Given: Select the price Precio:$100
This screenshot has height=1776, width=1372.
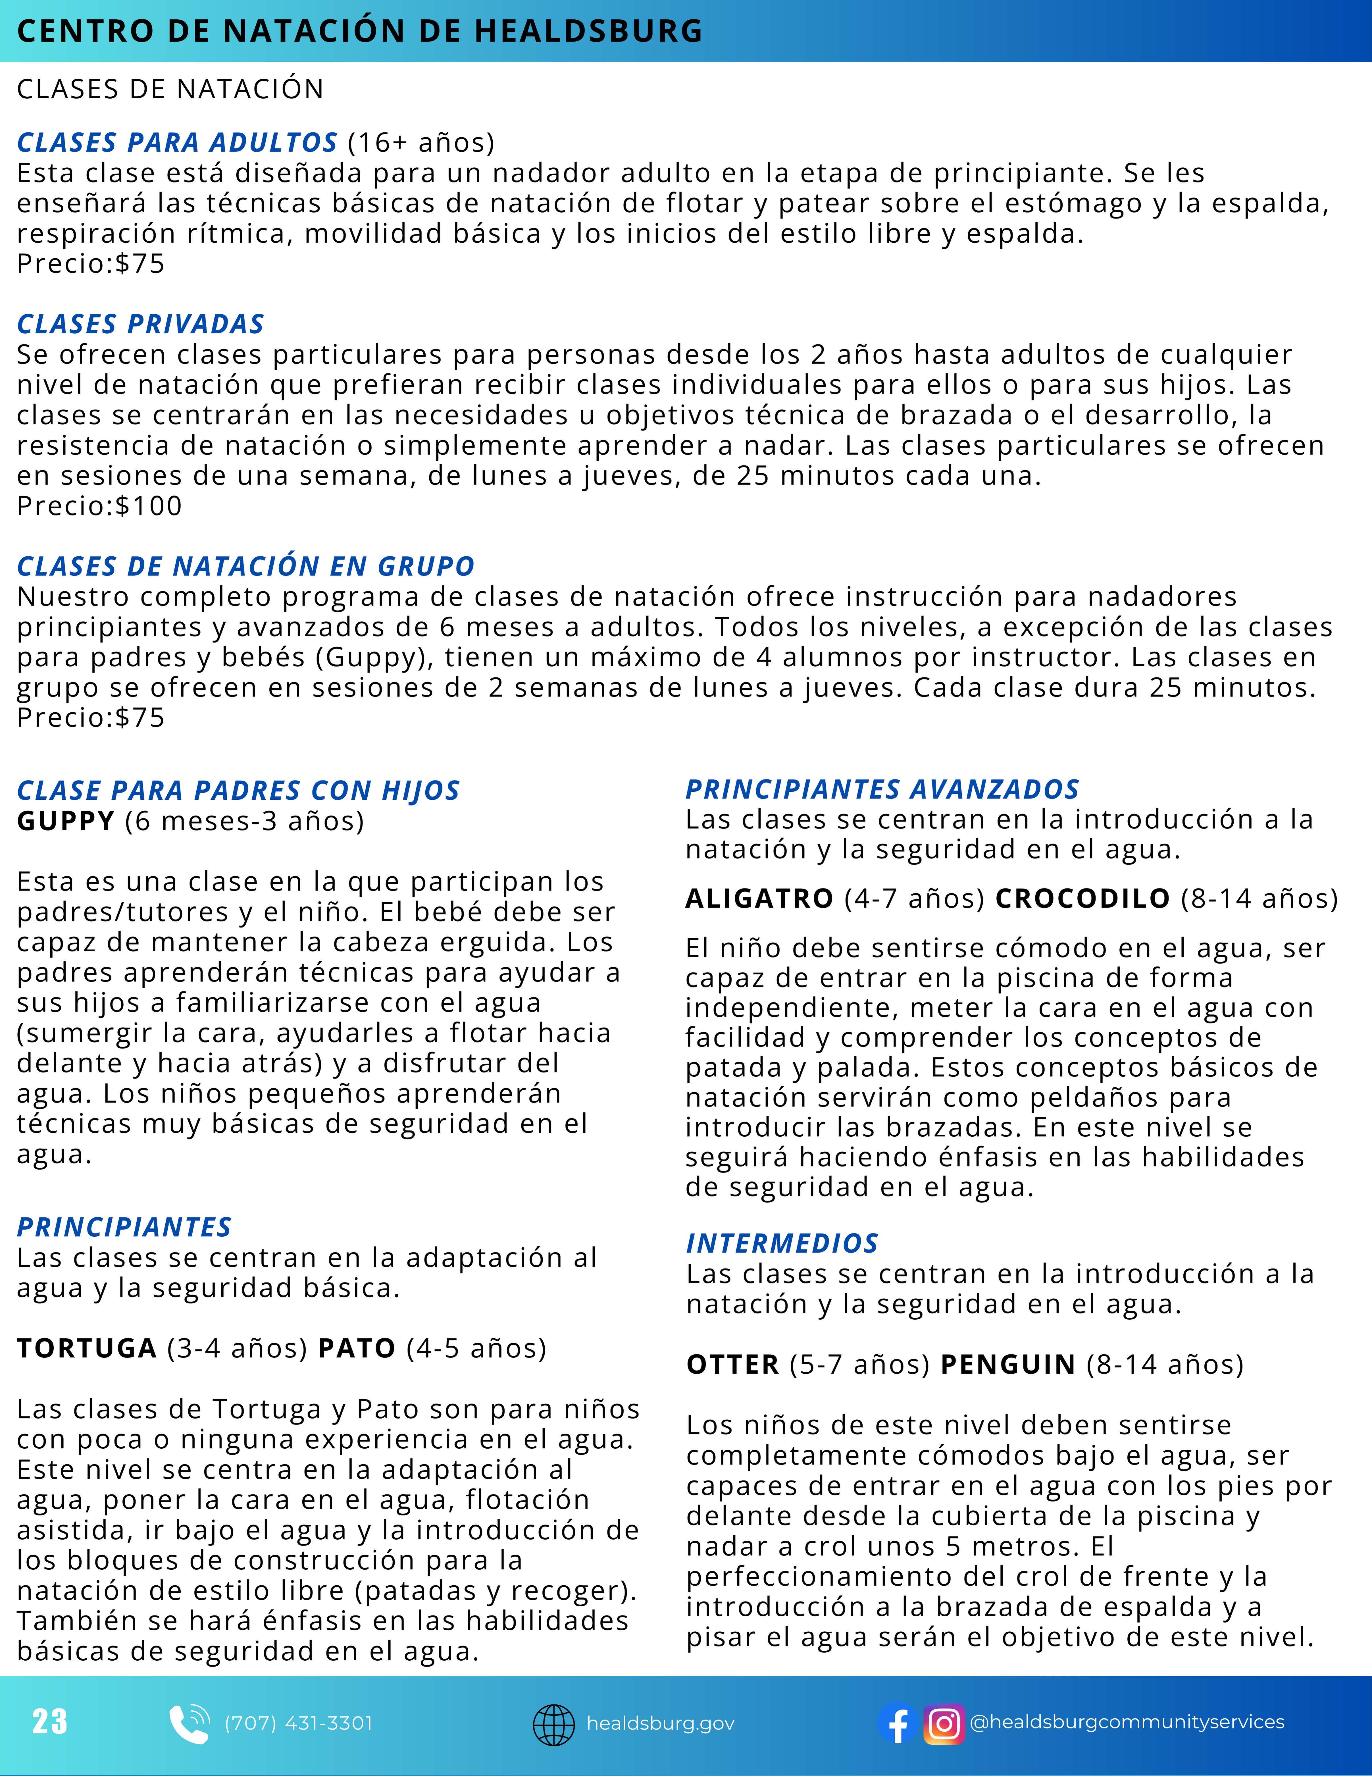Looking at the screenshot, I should click(99, 506).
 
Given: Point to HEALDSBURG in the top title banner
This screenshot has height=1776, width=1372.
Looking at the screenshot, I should click(588, 31).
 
